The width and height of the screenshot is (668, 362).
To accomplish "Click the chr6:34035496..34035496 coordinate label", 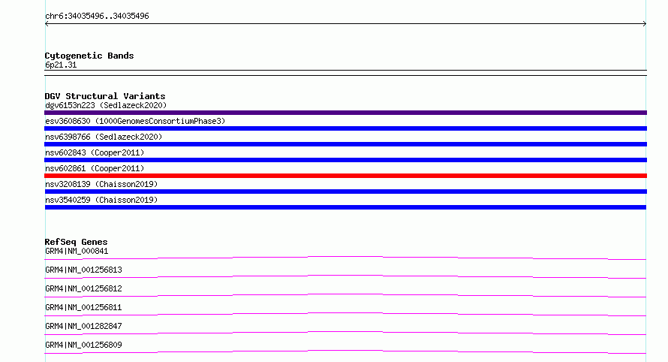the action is click(x=97, y=17).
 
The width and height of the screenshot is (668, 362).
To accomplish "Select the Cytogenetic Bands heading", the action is click(x=89, y=56).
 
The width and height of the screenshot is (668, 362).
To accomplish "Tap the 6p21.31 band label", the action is click(x=61, y=65).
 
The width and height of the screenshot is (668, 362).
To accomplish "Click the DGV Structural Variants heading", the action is click(x=105, y=96).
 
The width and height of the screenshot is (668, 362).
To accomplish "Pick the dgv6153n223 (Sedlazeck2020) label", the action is click(x=106, y=105).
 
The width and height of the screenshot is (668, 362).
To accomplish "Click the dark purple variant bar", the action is click(x=345, y=113).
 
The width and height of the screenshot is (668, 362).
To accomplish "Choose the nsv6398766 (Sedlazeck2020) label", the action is click(x=104, y=137).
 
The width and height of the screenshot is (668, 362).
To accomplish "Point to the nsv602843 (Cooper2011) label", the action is click(x=95, y=152).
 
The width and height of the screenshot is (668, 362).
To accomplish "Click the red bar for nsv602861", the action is click(x=345, y=176).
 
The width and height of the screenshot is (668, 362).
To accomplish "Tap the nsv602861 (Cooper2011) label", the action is click(x=95, y=168).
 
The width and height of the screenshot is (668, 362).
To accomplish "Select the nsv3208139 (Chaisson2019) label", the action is click(x=101, y=184).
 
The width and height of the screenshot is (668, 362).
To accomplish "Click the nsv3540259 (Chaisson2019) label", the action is click(x=101, y=200).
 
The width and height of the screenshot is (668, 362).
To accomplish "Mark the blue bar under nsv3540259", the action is click(x=345, y=207).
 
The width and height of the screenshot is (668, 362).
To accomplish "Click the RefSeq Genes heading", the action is click(x=76, y=242).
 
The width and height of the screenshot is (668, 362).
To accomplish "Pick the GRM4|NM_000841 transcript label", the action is click(x=77, y=251).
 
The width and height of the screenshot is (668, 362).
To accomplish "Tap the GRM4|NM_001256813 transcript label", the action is click(x=83, y=270).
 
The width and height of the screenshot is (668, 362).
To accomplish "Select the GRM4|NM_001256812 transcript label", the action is click(x=83, y=288).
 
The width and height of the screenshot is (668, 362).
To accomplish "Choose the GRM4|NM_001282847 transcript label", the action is click(x=83, y=326).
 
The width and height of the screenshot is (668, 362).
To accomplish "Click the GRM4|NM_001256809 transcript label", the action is click(x=83, y=345).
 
